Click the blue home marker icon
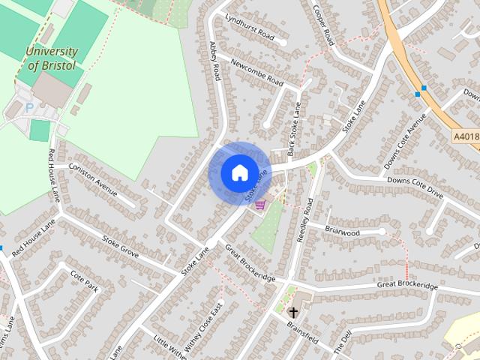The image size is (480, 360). click(238, 172)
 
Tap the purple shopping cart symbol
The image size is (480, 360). click(260, 205)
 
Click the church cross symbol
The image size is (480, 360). click(294, 311)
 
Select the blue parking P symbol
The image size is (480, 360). click(30, 107)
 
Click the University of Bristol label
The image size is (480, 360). click(52, 58)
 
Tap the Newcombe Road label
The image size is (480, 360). click(256, 72)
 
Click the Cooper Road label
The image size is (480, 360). click(323, 26)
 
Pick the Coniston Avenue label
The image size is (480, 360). click(94, 178)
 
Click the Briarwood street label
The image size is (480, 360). click(342, 232)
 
